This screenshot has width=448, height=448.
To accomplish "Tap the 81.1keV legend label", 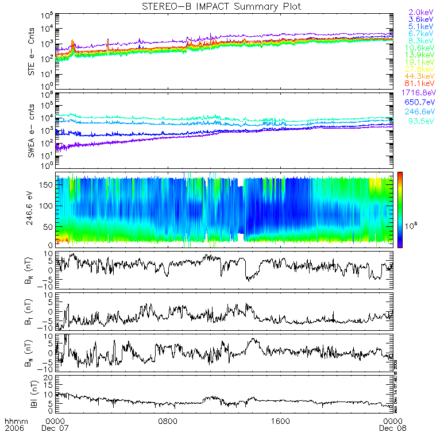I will pyautogui.click(x=422, y=84).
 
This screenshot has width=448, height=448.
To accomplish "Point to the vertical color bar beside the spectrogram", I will pyautogui.click(x=400, y=209).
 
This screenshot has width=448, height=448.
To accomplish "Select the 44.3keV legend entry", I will pyautogui.click(x=422, y=76).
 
